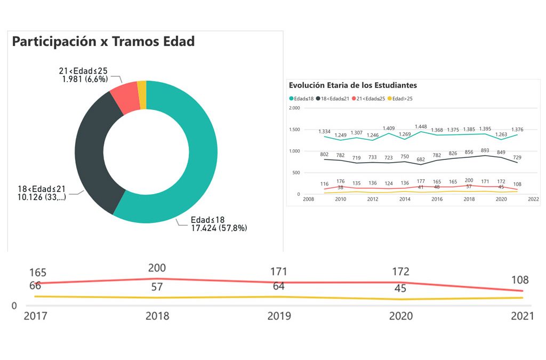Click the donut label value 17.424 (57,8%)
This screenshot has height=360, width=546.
tap(219, 228)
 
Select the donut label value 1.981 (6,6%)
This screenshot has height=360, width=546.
tap(85, 79)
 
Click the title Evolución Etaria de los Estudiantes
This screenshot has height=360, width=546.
tap(352, 85)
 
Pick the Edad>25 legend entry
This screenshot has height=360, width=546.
tap(402, 99)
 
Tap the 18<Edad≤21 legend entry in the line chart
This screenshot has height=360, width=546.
tap(333, 99)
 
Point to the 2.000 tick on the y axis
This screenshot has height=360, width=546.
tap(294, 108)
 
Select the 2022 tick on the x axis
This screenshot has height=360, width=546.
tap(533, 199)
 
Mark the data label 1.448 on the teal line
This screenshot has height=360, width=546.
tap(421, 126)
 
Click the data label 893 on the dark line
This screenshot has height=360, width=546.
tap(485, 150)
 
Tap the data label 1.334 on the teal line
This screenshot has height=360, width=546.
tap(324, 131)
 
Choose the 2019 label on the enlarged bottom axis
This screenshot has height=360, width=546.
tap(279, 316)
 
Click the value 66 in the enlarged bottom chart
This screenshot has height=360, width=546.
tap(35, 286)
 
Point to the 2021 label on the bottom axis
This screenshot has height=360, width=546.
tap(523, 316)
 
